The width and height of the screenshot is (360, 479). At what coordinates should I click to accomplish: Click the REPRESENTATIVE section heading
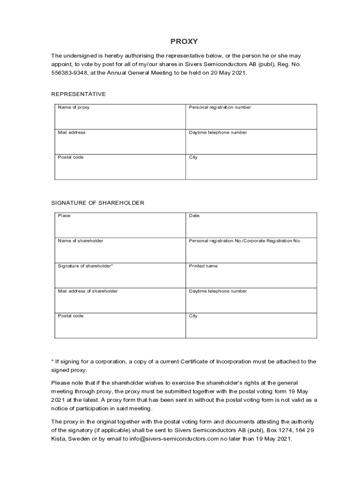tap(79, 94)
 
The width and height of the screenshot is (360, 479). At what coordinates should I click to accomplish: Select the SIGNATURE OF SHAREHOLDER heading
tap(98, 203)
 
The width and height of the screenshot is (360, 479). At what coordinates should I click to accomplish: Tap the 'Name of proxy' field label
tap(73, 108)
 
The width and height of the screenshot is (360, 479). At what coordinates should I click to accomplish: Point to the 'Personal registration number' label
tap(220, 108)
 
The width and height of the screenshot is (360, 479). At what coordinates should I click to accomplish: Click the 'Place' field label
tap(64, 216)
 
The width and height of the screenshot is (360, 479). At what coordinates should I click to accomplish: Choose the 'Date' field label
tap(194, 216)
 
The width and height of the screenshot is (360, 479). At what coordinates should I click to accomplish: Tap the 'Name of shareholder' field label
tap(80, 241)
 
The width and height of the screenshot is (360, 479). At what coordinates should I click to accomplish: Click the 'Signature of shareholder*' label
tap(86, 266)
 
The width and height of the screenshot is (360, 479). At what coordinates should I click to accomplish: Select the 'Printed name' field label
tap(203, 266)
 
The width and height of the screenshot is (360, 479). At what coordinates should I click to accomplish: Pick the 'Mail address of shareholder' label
tap(88, 291)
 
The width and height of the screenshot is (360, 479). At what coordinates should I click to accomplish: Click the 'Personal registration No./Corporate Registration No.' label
tap(245, 241)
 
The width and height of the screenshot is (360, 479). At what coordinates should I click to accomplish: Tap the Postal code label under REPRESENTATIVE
tap(71, 158)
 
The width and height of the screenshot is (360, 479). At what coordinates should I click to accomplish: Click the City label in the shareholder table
tap(193, 316)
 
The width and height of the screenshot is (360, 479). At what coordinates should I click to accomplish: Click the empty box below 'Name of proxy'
tap(120, 119)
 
